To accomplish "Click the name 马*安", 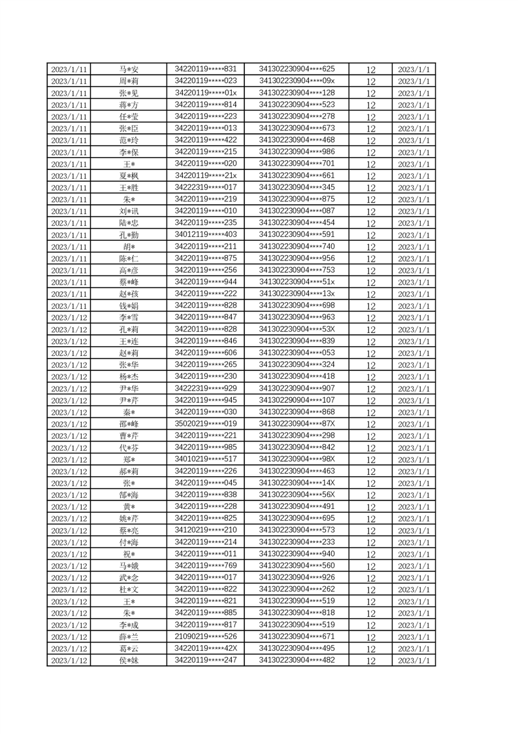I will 128,69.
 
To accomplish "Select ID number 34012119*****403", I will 206,234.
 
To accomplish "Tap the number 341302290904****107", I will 297,400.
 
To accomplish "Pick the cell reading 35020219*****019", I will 206,423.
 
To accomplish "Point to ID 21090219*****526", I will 206,636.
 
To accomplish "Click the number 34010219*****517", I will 206,459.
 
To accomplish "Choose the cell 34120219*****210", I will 206,529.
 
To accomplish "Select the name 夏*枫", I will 128,176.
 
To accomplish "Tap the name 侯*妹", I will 128,660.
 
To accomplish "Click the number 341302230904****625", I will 297,69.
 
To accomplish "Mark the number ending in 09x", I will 297,80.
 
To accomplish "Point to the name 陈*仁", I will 128,258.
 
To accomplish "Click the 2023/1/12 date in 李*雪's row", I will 69,317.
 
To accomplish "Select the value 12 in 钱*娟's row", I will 370,306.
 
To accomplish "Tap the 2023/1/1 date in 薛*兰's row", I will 413,637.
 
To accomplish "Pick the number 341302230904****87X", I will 297,423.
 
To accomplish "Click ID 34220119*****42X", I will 206,648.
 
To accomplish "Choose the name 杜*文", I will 128,589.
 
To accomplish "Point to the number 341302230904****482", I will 297,659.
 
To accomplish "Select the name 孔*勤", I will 128,235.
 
